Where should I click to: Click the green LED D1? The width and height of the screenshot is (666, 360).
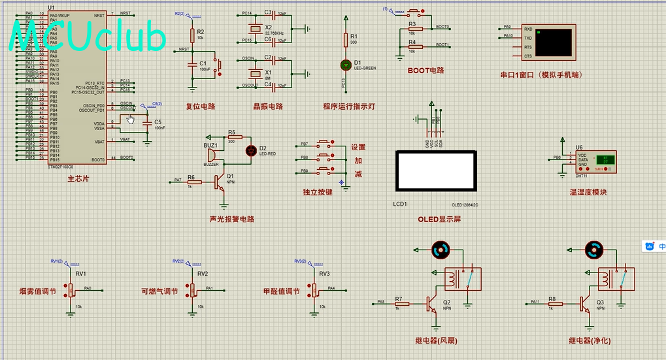346,65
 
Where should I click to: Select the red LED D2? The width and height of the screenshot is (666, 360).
250,150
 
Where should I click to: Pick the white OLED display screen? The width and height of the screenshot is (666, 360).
435,169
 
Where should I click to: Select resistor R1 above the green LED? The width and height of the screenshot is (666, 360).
346,41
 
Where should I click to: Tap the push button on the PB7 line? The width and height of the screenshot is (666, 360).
324,143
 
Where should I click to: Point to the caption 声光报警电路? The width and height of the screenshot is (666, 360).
231,220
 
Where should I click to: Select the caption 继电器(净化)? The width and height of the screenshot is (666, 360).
590,340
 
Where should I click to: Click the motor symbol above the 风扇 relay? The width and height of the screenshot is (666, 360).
440,249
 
